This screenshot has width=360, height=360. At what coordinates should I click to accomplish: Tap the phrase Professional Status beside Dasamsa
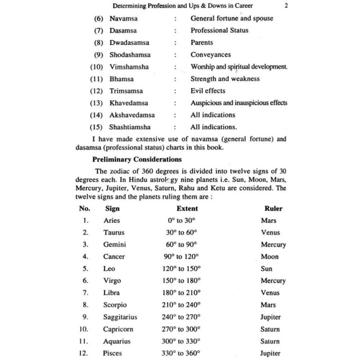tap(219, 31)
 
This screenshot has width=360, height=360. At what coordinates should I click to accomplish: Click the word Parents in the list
tap(202, 43)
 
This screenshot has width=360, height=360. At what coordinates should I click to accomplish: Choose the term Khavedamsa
tap(128, 103)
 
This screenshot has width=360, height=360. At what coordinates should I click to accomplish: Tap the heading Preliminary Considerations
tap(137, 159)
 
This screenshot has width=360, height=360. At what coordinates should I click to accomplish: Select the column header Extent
tap(187, 209)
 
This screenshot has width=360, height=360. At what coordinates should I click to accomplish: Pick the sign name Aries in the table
tap(111, 220)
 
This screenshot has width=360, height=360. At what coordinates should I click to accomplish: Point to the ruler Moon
tap(269, 256)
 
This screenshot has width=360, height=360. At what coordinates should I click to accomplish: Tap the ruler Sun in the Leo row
tap(267, 269)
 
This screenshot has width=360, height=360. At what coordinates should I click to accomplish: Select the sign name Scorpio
tap(115, 305)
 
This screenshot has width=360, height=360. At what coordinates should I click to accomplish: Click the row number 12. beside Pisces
tap(85, 353)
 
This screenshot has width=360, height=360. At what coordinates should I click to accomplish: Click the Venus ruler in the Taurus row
tap(270, 233)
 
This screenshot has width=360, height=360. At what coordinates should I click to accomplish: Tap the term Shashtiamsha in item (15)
tap(130, 127)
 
